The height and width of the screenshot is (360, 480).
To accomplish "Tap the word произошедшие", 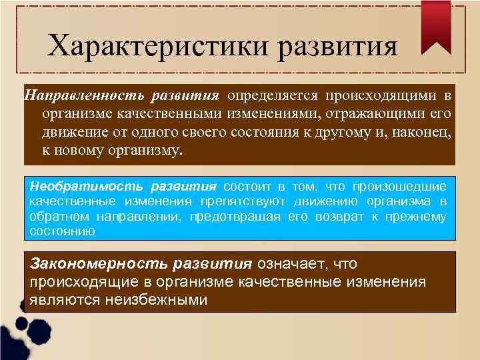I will pos(400,186).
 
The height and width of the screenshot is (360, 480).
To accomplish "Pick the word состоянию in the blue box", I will pos(63,231).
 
